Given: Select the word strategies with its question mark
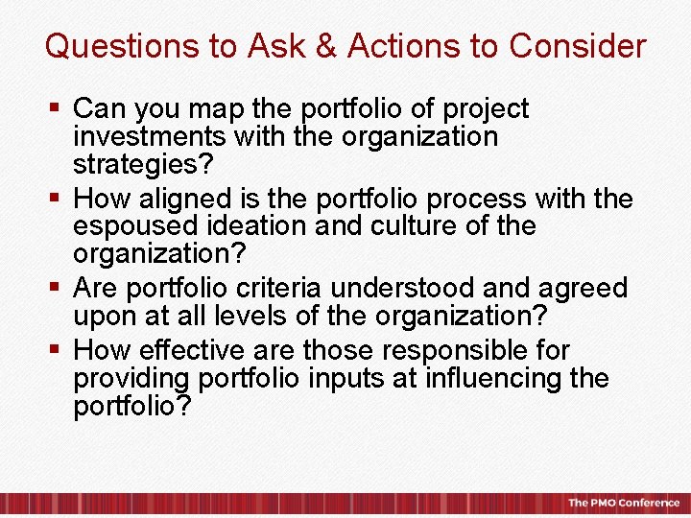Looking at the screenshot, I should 140,164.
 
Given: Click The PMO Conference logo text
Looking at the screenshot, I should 623,503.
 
